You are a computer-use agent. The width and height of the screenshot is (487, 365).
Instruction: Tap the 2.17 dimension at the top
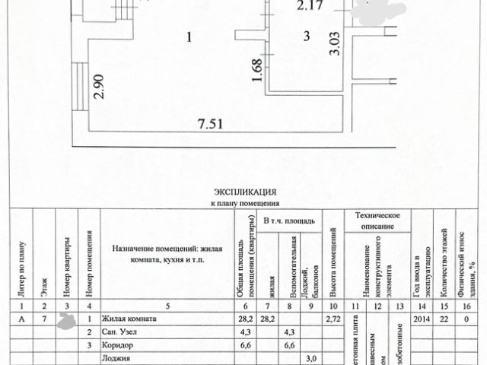(x=310, y=8)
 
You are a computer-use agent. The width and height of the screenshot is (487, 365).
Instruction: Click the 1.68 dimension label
(x=256, y=71)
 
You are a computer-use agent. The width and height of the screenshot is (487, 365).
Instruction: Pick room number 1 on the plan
(x=189, y=36)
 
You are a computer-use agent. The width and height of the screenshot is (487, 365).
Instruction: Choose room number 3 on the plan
(x=306, y=35)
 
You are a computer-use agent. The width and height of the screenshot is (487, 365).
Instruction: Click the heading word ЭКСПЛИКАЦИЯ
(x=245, y=193)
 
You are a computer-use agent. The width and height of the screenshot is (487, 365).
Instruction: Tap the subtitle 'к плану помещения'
(x=245, y=204)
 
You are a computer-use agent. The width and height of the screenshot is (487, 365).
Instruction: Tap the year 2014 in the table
(x=418, y=320)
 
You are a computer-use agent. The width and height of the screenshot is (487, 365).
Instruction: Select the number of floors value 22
(x=444, y=320)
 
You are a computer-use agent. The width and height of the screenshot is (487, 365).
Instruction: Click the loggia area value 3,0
(x=310, y=358)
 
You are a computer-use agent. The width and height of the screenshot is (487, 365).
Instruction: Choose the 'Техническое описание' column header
(x=377, y=221)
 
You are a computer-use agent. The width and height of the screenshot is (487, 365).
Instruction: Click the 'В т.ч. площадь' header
(x=288, y=221)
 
